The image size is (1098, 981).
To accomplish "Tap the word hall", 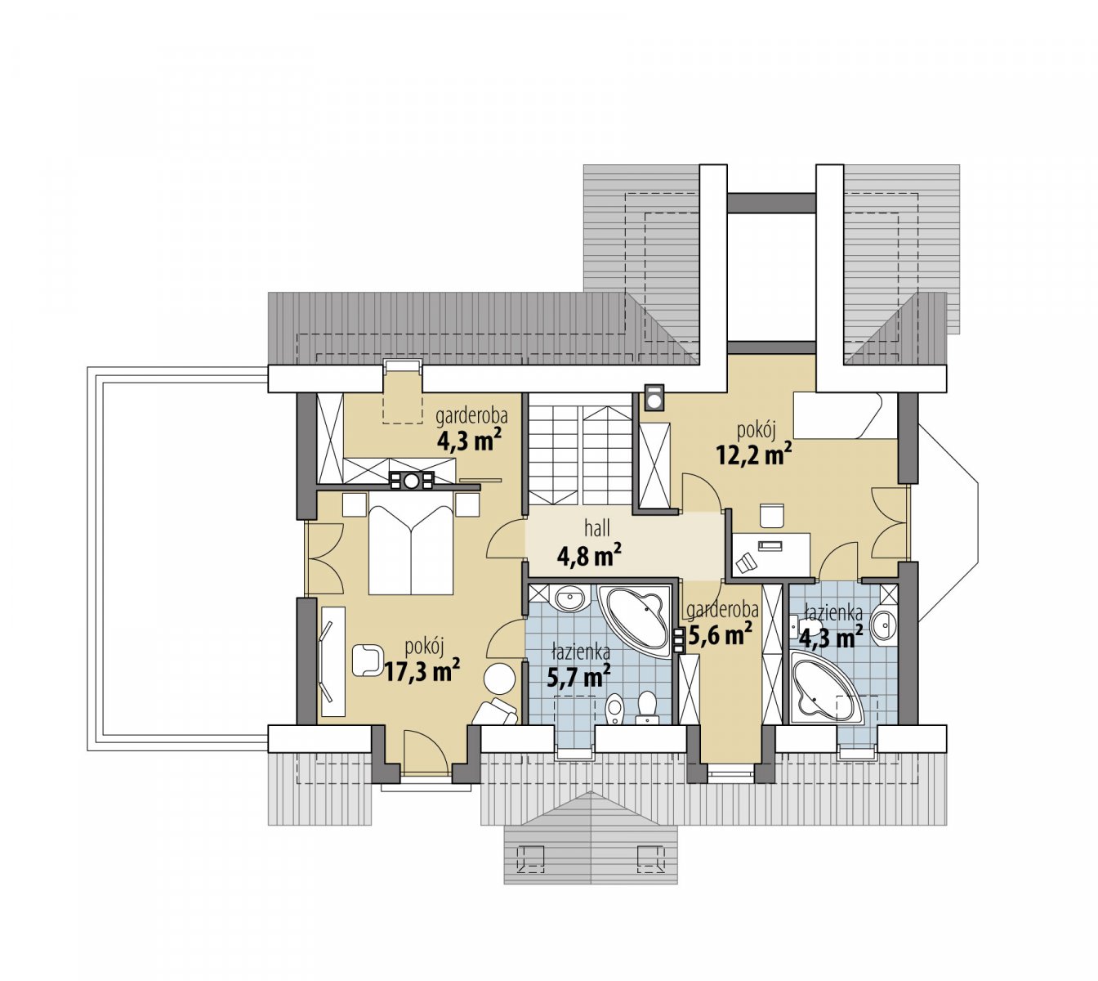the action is [x=597, y=527].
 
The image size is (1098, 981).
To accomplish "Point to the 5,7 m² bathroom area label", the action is [x=578, y=676].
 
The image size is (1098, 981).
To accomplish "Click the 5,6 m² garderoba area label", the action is [x=720, y=634].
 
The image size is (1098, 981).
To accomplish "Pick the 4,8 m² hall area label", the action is [x=588, y=555].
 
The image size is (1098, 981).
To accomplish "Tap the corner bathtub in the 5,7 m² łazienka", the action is [x=635, y=620].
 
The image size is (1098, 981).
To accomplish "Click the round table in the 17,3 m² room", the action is [x=500, y=679].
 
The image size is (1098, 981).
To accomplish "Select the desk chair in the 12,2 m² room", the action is [x=772, y=516].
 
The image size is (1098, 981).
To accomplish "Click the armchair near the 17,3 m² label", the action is [x=368, y=660].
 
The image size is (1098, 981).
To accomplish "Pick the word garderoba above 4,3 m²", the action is [x=472, y=416].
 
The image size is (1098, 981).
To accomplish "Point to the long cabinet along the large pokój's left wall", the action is [x=333, y=661].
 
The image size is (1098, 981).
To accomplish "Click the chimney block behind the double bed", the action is [x=412, y=481].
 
